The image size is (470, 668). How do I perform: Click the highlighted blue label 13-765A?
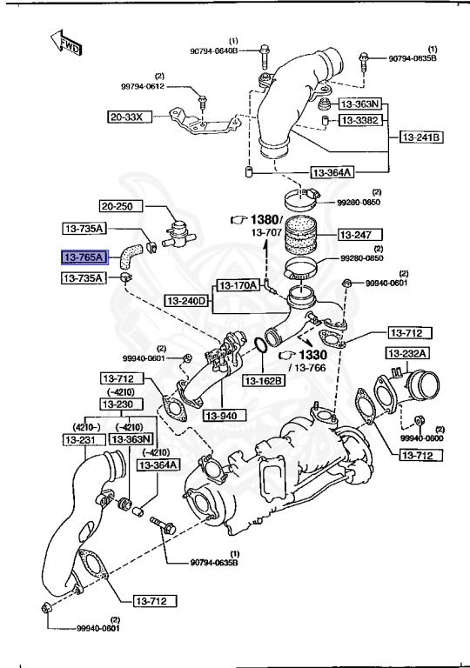click(83, 257)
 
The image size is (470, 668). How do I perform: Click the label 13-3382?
click(359, 120)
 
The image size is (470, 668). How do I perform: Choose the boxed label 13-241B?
click(422, 137)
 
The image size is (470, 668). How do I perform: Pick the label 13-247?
click(355, 235)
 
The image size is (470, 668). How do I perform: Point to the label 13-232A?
click(408, 353)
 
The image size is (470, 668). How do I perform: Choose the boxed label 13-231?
click(83, 440)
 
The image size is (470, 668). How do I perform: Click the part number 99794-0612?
click(142, 87)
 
